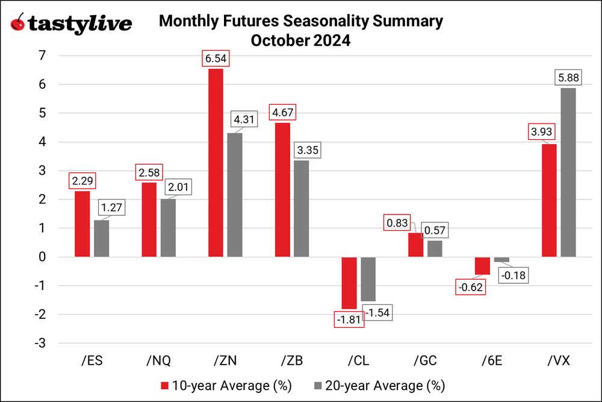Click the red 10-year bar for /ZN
point(216,163)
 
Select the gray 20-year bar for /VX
point(568,172)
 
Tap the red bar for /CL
point(349,283)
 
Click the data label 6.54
point(216,59)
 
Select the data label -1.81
point(349,319)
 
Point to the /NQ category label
point(158,360)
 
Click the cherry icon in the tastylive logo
point(19,23)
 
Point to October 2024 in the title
point(300,42)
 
